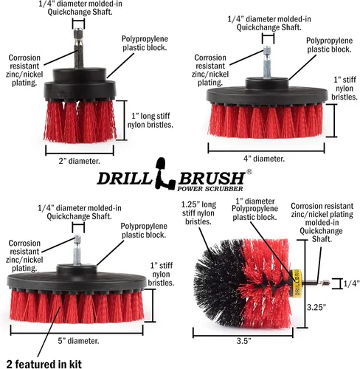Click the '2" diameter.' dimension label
pos(79,161)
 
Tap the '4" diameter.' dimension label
pos(264,159)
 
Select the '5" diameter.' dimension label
pos(78,341)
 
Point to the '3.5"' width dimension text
pos(243,341)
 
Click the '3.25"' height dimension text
pos(316,307)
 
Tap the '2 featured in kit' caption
pos(44,364)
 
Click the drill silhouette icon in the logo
pos(165,173)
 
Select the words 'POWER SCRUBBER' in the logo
pos(210,189)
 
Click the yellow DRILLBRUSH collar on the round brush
pos(296,283)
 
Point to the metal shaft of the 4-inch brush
pos(267,62)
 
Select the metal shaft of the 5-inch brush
pos(77,250)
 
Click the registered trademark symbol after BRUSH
pos(249,172)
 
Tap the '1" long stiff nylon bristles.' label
pos(150,120)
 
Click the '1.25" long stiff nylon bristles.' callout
pos(198,213)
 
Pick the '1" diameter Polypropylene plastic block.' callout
pos(255,209)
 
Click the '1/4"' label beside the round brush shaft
pos(351,283)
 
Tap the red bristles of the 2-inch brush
pos(80,121)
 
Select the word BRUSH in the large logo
pos(212,178)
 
